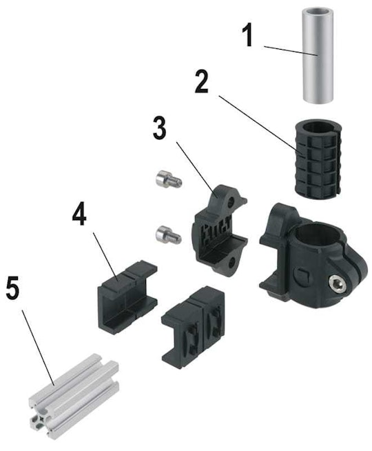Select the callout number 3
pos(159,128)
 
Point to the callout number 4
pos(79,213)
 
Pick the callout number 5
pos(12,288)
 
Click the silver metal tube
pos(317,55)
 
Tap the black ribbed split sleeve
pos(318,157)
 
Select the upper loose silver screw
pos(169,179)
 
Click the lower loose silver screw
pos(169,234)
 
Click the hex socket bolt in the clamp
pos(337,283)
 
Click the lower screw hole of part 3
pos(232,261)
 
